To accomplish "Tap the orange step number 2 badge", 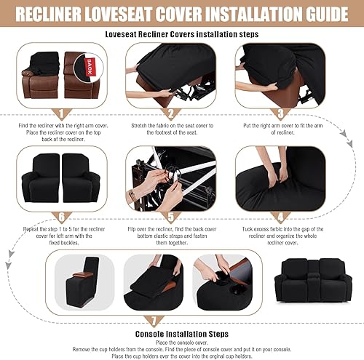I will click(x=171, y=113).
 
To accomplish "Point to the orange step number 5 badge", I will click(x=171, y=216).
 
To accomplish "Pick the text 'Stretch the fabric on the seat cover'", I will click(x=171, y=125).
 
